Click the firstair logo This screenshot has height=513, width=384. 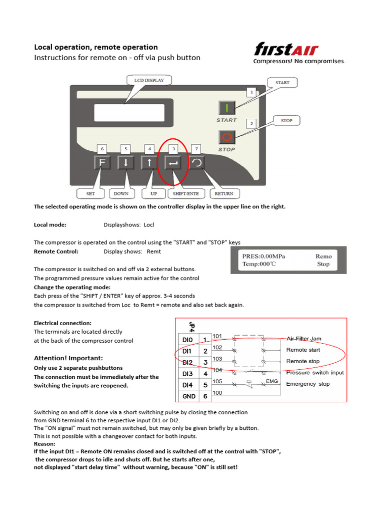click(x=299, y=52)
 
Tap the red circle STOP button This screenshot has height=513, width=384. click(x=227, y=137)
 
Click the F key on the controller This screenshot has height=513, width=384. click(x=102, y=163)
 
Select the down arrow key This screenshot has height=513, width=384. click(x=125, y=163)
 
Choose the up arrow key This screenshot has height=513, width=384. click(x=149, y=163)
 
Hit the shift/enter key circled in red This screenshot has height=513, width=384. click(x=172, y=163)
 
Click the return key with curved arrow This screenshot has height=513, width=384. click(x=196, y=163)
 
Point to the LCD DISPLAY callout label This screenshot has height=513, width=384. click(x=149, y=80)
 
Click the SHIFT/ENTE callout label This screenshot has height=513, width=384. click(x=186, y=194)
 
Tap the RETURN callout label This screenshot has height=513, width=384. click(x=224, y=194)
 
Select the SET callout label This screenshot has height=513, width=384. click(x=90, y=194)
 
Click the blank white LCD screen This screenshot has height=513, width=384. click(x=129, y=113)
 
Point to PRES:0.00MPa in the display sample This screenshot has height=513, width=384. click(x=263, y=256)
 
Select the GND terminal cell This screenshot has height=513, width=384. click(x=188, y=396)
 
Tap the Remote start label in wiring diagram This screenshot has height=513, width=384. click(x=303, y=350)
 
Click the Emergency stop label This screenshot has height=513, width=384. click(x=308, y=384)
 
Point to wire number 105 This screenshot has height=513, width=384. click(x=217, y=381)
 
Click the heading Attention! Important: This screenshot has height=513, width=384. click(x=68, y=358)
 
